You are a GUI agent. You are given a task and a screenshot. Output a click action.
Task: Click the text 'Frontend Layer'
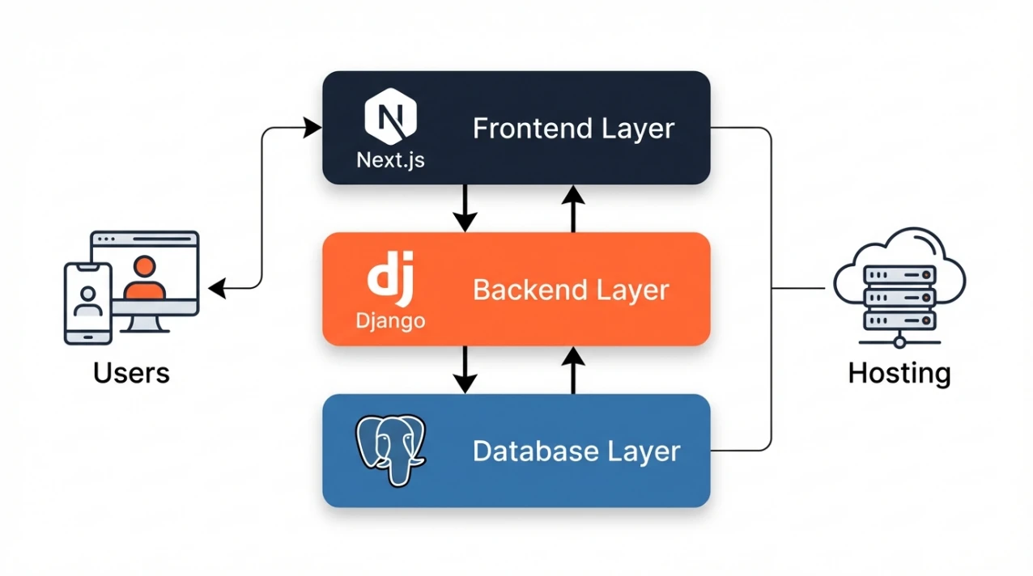tap(573, 129)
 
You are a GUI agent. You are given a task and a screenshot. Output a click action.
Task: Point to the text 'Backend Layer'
tap(571, 290)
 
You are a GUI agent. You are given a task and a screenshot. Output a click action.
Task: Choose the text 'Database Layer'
tap(576, 451)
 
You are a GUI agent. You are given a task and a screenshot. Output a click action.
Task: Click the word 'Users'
tap(131, 373)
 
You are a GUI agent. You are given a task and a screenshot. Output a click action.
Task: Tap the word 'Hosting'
tap(899, 373)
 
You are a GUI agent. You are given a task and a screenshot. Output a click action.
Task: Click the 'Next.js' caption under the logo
tap(390, 159)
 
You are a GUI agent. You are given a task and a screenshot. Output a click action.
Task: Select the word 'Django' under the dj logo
tap(390, 320)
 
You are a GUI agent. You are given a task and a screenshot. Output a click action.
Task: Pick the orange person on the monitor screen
tap(145, 279)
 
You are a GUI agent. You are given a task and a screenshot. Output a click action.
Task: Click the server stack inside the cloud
tap(899, 298)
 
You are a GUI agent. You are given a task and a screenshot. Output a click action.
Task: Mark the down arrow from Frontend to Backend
tap(465, 209)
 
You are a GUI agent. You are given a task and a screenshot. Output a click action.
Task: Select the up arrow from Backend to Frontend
tap(573, 209)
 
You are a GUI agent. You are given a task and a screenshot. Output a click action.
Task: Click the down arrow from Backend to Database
tap(465, 370)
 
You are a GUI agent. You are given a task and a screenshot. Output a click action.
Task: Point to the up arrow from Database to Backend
tap(573, 370)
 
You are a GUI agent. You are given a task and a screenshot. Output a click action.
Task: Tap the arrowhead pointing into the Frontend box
tap(312, 126)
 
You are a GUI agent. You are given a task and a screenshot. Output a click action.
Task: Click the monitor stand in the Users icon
tap(146, 323)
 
